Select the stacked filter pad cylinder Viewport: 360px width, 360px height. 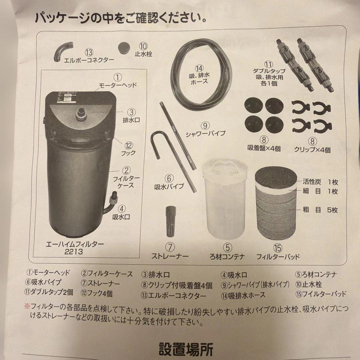(276, 203)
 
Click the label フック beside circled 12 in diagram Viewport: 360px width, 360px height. (129, 153)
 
